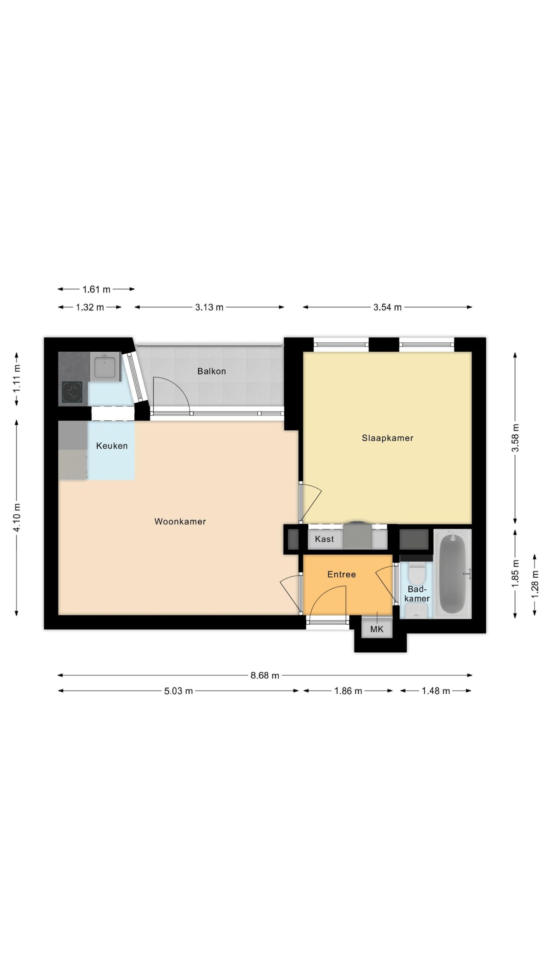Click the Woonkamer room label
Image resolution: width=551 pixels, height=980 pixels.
(x=180, y=521)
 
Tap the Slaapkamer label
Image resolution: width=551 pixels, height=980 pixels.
(x=388, y=438)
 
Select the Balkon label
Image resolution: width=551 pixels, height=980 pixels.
(x=212, y=371)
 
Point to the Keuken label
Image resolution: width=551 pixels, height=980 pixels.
(x=112, y=446)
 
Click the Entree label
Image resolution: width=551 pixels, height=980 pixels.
(x=342, y=574)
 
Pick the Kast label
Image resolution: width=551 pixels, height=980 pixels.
(x=324, y=539)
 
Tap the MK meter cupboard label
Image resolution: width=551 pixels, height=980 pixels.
(x=377, y=629)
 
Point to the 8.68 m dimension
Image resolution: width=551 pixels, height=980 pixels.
(x=265, y=675)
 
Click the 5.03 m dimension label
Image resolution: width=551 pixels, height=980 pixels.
(x=179, y=691)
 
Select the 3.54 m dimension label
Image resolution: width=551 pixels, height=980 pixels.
(x=388, y=307)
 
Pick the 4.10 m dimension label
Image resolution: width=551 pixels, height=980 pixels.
(x=16, y=517)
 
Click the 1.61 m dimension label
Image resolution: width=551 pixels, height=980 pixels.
(x=96, y=289)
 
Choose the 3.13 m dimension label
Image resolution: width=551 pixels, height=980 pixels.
(x=209, y=307)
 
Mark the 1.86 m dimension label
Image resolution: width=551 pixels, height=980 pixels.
(x=348, y=691)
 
